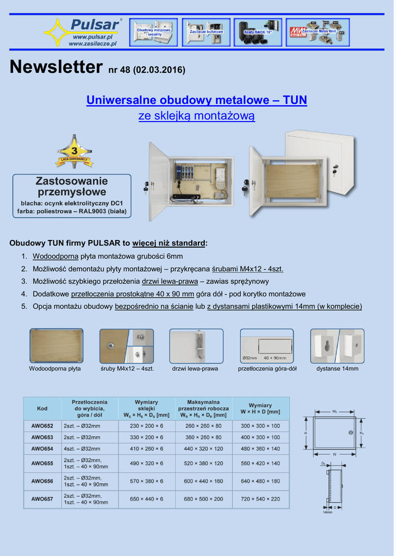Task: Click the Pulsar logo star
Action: pos(57,32)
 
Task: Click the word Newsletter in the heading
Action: pos(56,67)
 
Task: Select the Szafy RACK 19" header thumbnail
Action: pos(258,33)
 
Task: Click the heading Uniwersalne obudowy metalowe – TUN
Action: pos(197,100)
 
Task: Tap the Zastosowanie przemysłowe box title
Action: pos(72,186)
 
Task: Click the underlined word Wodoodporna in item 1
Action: pos(55,256)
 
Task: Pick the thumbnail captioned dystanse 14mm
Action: pos(337,346)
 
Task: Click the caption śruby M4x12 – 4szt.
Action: pos(127,369)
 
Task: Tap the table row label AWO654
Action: pos(42,449)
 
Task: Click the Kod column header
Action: pos(42,408)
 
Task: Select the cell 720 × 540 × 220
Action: pos(260,499)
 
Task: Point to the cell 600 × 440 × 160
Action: pos(203,481)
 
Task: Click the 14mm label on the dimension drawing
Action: pos(327,511)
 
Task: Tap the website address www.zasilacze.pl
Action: pos(92,43)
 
